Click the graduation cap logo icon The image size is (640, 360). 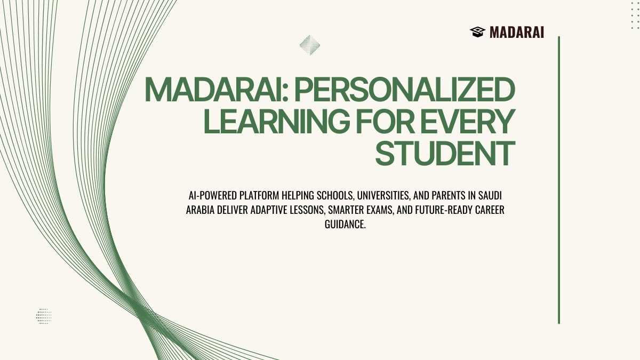tap(477, 32)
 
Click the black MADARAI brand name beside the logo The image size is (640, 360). tap(517, 33)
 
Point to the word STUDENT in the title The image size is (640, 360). tap(445, 153)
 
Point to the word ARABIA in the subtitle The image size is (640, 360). tap(200, 210)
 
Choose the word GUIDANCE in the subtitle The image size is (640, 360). tap(345, 225)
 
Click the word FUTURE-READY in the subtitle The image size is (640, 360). tap(444, 210)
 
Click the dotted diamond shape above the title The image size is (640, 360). tap(310, 45)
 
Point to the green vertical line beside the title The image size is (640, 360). tap(559, 180)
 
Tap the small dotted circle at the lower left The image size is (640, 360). tap(44, 316)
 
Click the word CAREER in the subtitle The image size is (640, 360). tap(490, 210)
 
